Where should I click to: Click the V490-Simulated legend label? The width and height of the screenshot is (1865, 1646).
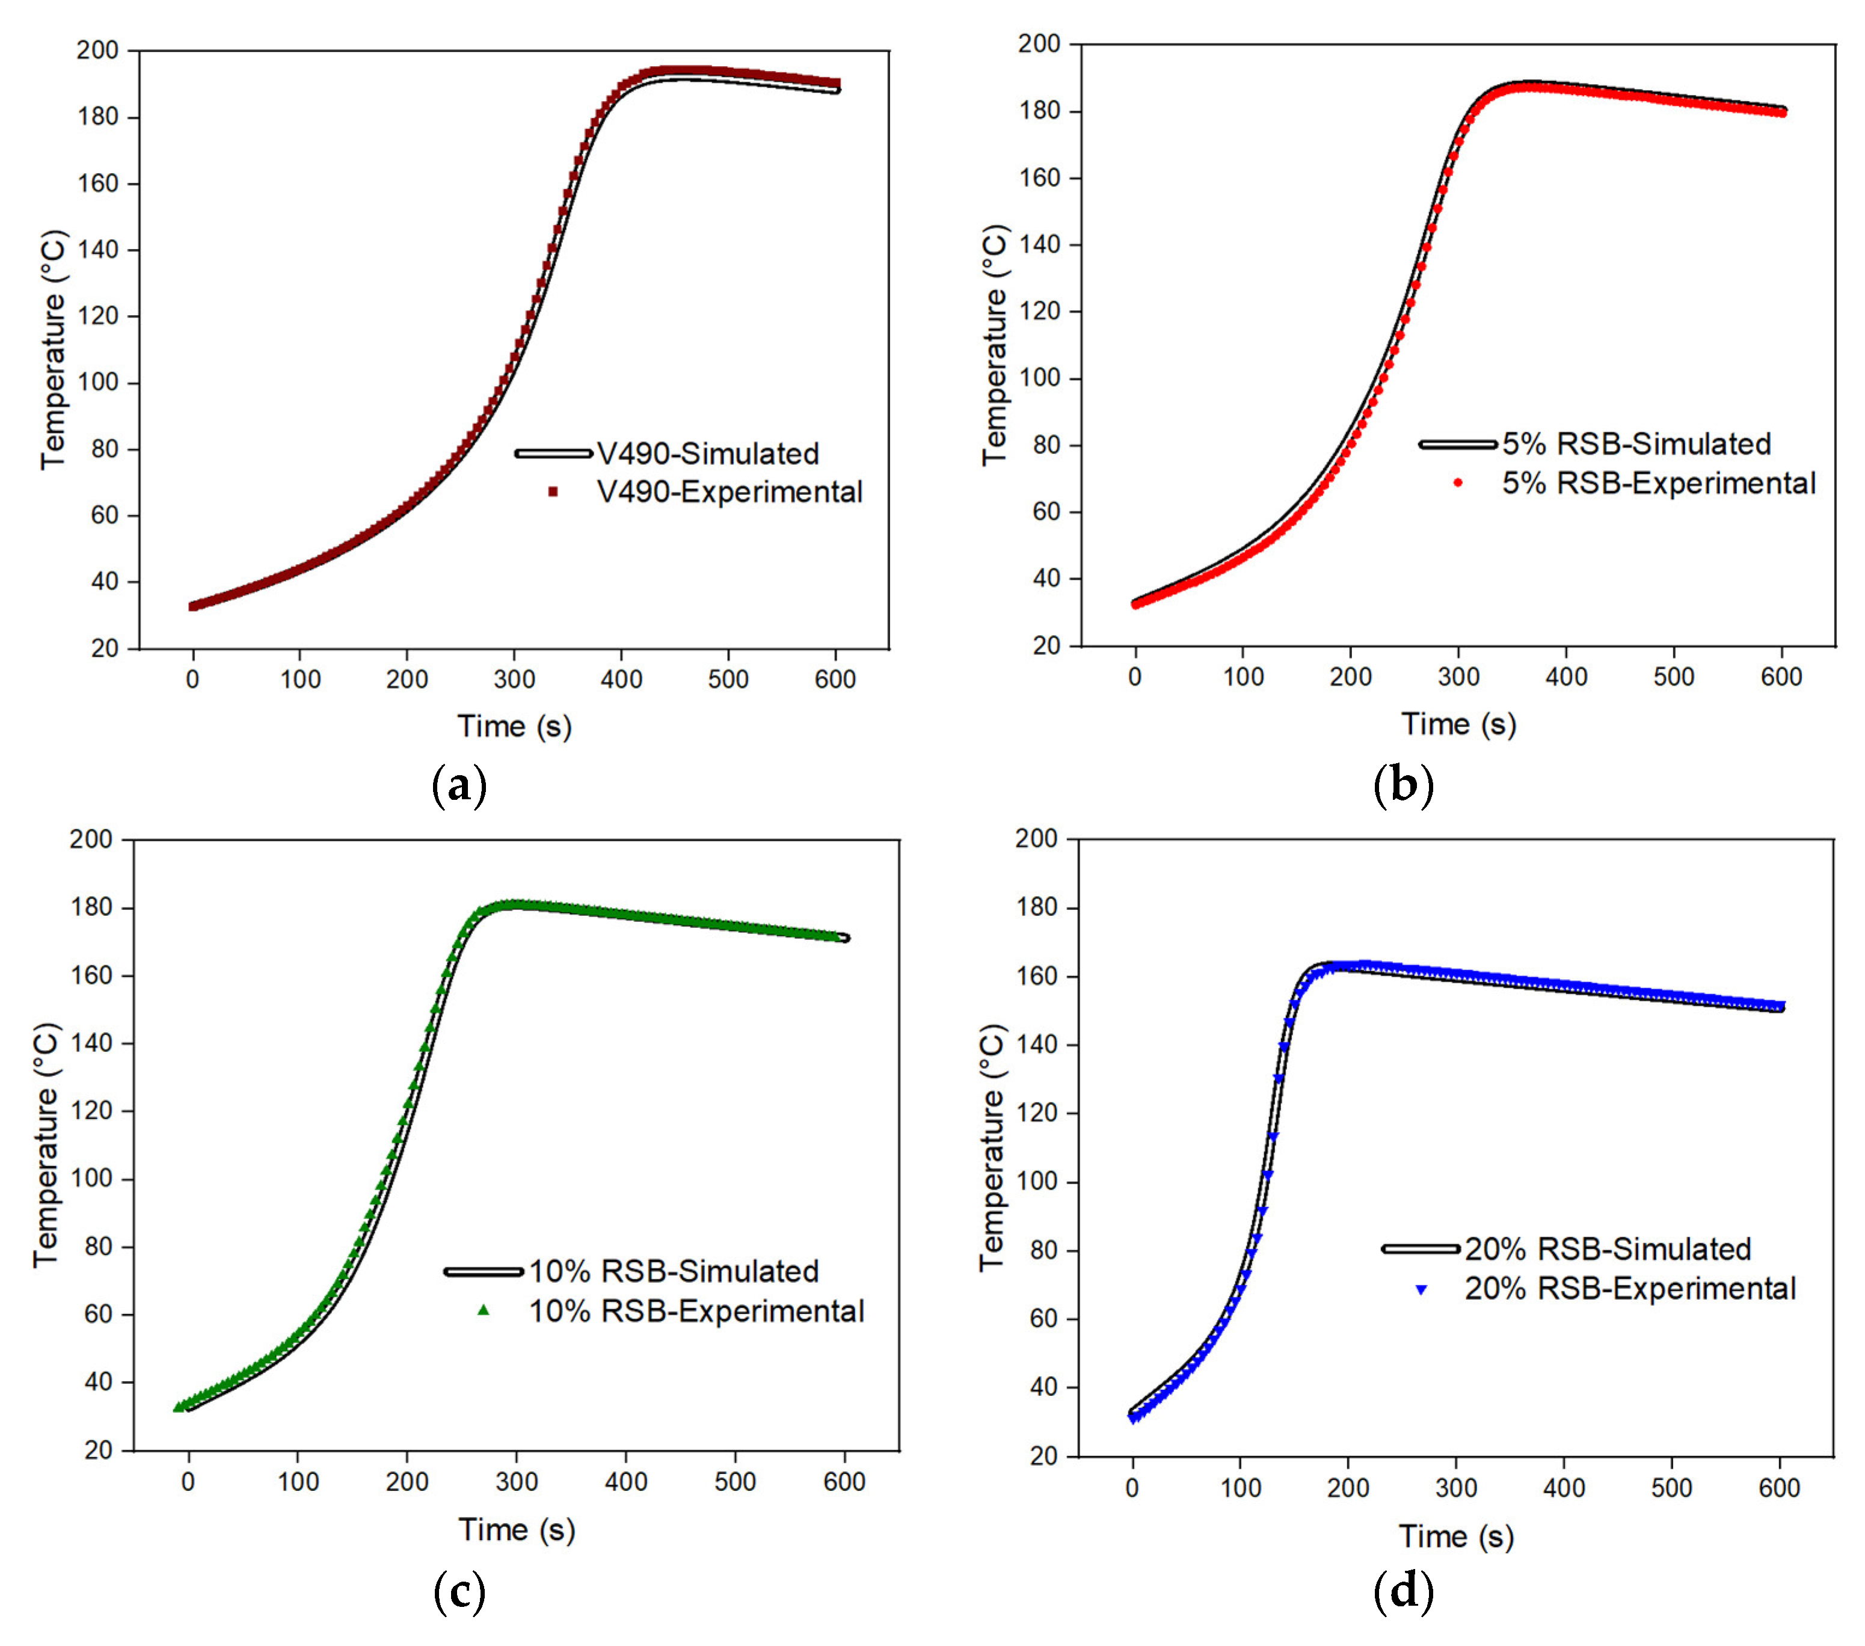[x=707, y=453]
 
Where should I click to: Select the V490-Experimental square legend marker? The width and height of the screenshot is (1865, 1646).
[x=553, y=492]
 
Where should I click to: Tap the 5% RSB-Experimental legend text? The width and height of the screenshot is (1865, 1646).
[x=1659, y=483]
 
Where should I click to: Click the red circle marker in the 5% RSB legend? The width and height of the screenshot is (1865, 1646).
[x=1458, y=483]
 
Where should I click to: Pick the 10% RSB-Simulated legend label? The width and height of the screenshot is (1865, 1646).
[x=674, y=1271]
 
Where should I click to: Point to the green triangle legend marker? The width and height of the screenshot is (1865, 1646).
[x=484, y=1310]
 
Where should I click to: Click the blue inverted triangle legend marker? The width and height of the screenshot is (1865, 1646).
[x=1421, y=1289]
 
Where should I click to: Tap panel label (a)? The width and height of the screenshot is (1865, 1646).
[x=459, y=785]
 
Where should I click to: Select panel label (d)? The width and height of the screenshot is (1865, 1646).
[x=1403, y=1591]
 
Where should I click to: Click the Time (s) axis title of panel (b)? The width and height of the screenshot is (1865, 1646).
[x=1458, y=723]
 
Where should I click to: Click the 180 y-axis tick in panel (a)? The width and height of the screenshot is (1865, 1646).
[x=97, y=117]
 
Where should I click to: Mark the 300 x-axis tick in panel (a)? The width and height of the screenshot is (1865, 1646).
[x=515, y=679]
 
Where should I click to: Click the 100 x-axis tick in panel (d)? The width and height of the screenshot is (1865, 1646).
[x=1240, y=1488]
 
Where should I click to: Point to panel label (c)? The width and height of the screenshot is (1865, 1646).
[x=459, y=1591]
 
